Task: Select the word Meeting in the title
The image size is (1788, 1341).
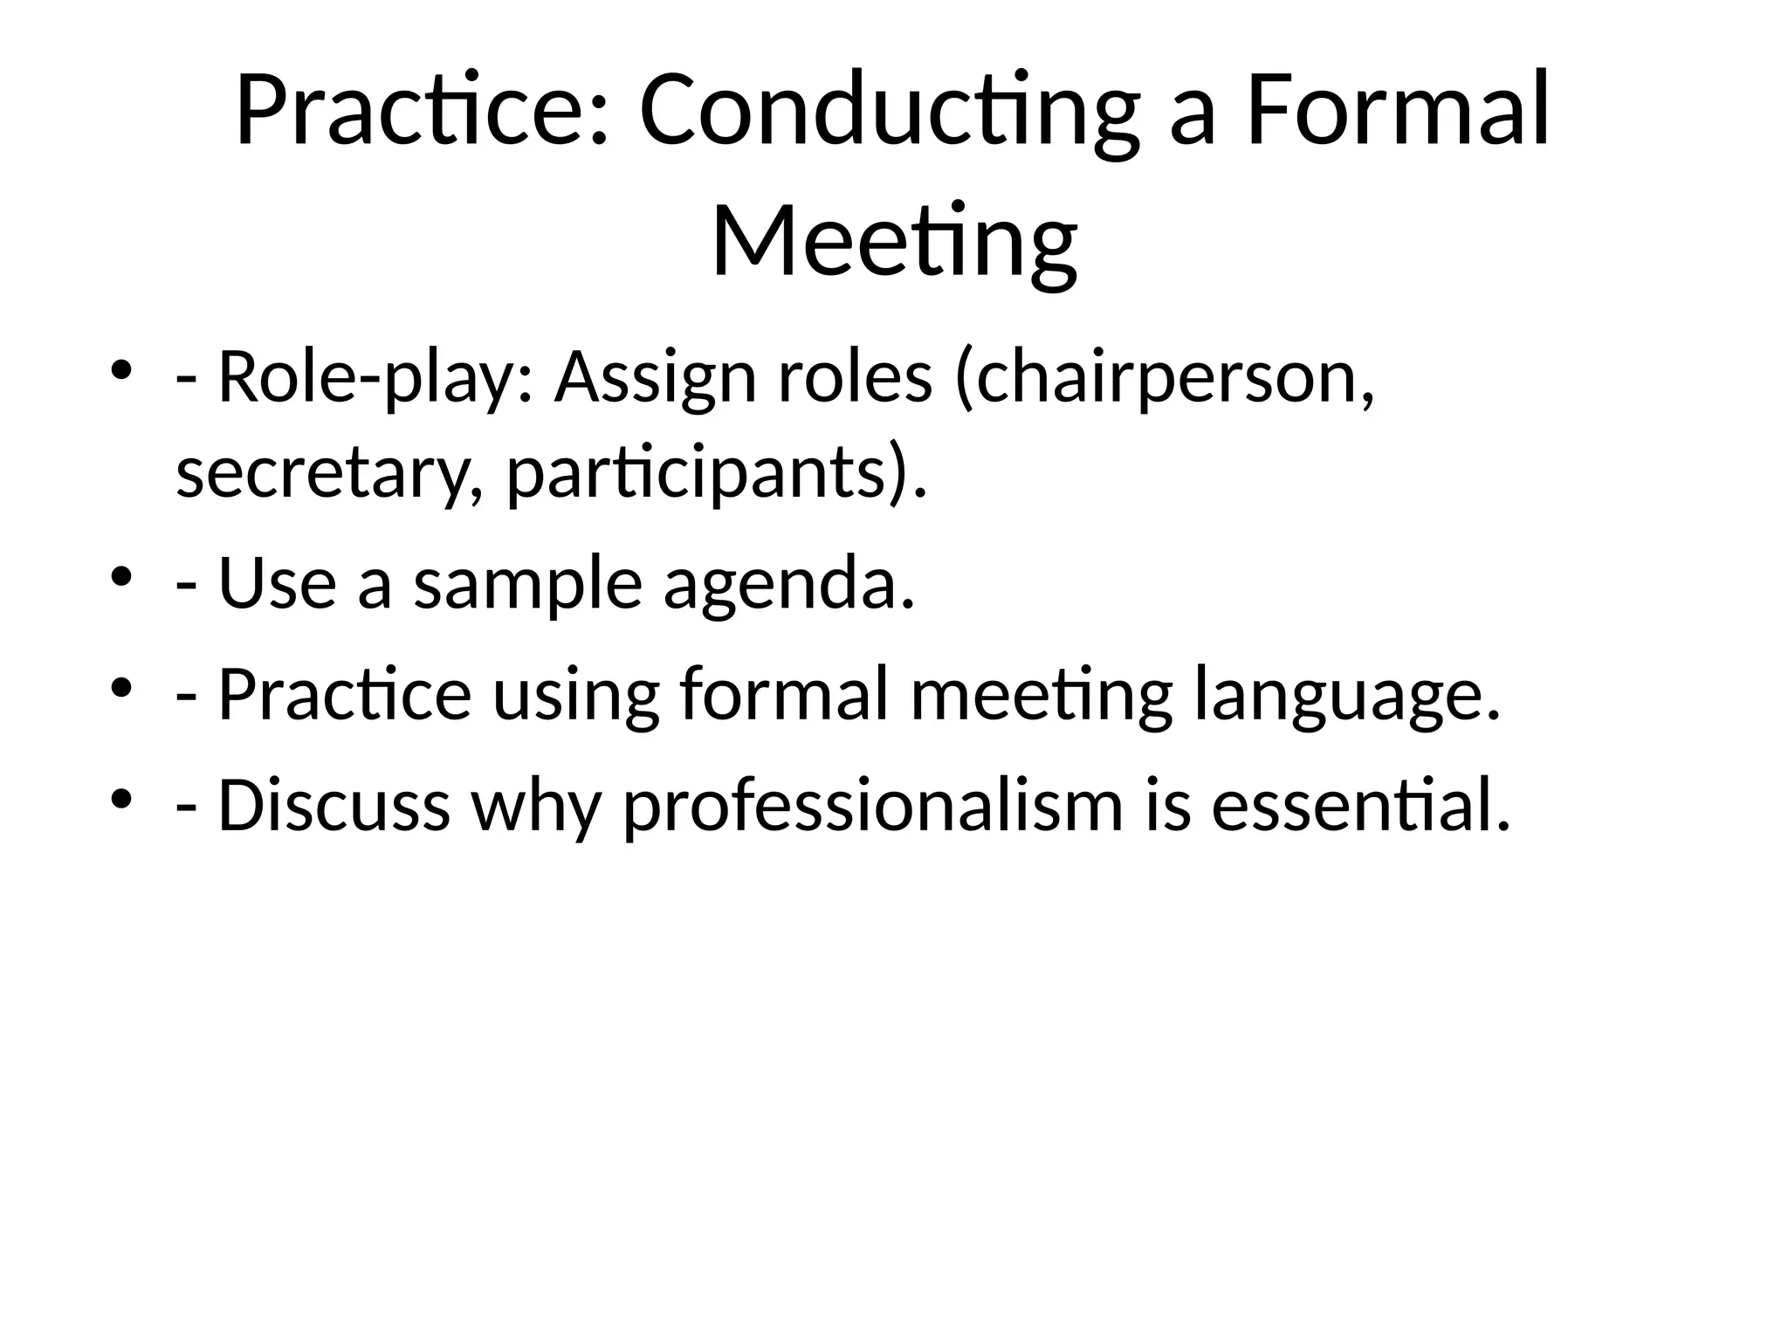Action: [894, 242]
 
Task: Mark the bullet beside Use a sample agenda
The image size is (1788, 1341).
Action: [121, 575]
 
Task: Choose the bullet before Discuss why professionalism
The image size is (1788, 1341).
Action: [121, 797]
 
